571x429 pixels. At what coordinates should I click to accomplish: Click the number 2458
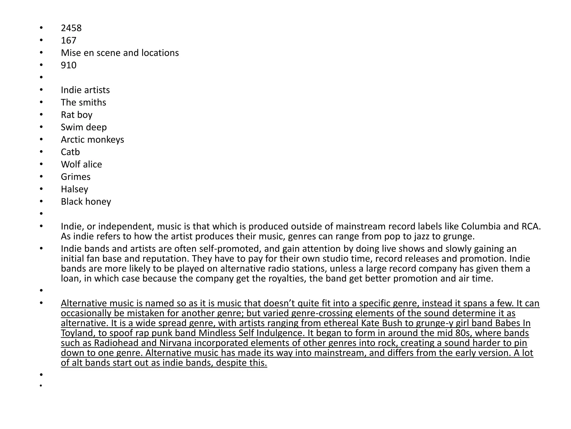[x=71, y=28]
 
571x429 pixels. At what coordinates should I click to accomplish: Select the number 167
[x=69, y=40]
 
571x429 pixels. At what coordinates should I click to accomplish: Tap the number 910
[x=69, y=65]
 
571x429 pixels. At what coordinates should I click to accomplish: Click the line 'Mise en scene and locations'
[x=120, y=53]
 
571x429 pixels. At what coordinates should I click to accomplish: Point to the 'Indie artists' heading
[x=85, y=90]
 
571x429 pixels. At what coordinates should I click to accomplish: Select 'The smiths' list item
[x=83, y=103]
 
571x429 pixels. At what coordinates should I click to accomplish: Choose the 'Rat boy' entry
[x=77, y=115]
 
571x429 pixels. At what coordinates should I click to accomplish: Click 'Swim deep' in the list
[x=84, y=127]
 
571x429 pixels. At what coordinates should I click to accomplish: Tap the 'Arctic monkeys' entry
[x=92, y=139]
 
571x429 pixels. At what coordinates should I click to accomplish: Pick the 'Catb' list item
[x=70, y=152]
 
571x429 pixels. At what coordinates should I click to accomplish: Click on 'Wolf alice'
[x=81, y=164]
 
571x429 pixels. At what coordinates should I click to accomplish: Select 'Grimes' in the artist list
[x=76, y=177]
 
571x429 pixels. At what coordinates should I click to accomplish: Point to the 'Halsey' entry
[x=74, y=189]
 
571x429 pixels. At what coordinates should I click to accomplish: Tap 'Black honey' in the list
[x=86, y=201]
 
